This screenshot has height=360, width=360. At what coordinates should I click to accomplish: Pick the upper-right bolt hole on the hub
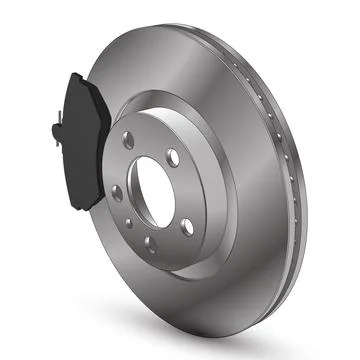click(x=173, y=157)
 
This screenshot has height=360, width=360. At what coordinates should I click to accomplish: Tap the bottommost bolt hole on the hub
click(x=151, y=243)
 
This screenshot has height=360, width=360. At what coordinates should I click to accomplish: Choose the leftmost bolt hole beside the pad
click(x=118, y=191)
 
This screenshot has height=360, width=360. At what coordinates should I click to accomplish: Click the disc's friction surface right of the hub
click(x=255, y=190)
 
